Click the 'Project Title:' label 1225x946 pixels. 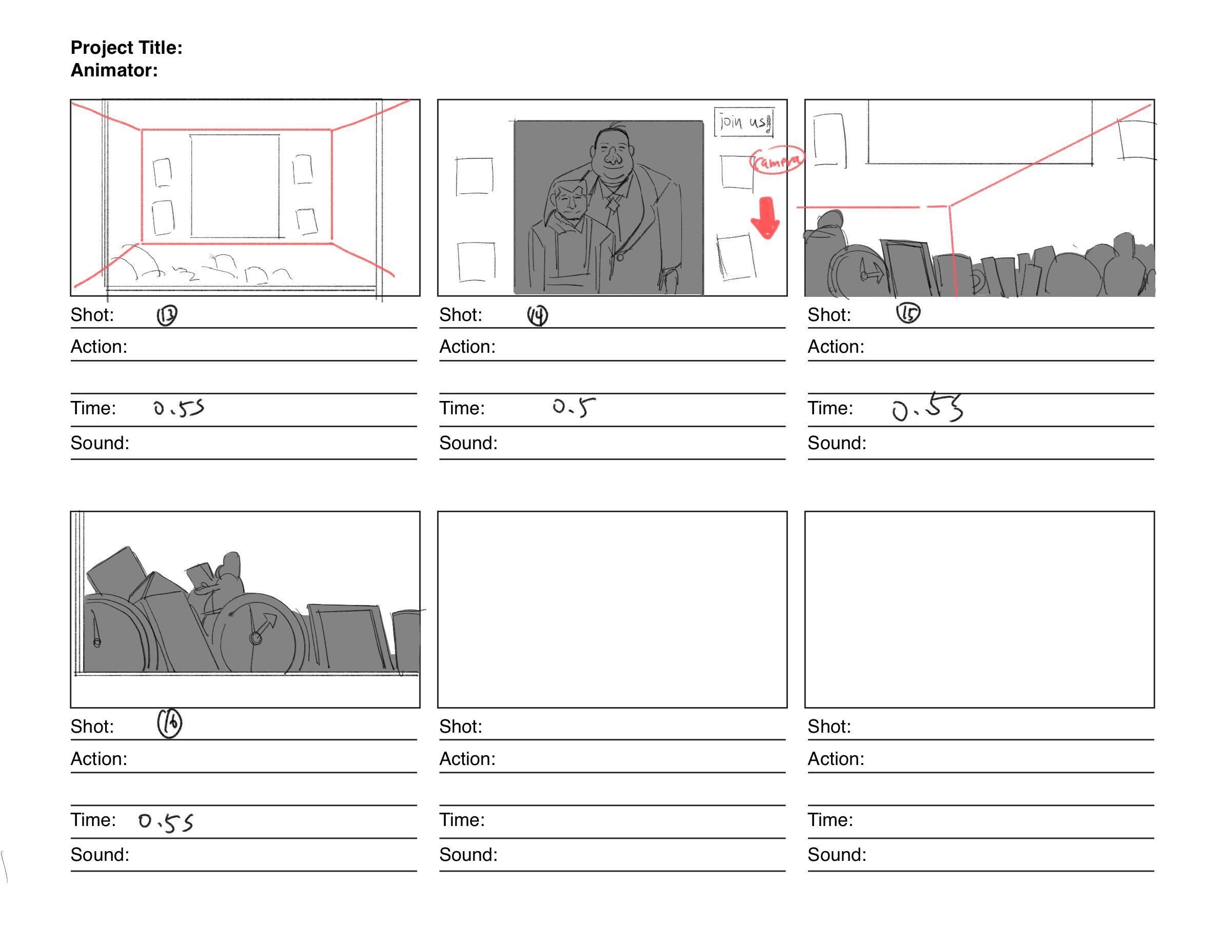point(126,48)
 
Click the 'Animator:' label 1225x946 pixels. point(114,70)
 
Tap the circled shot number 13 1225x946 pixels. point(167,315)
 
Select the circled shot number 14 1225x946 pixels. point(537,315)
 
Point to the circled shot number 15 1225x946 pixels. point(908,313)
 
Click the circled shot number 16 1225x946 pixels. point(169,723)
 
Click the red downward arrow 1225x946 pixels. point(765,217)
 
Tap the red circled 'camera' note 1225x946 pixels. point(777,162)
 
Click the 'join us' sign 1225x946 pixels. point(744,122)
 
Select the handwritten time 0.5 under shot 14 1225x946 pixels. point(573,408)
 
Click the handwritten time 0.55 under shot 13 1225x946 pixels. point(179,408)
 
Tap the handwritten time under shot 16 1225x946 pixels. point(166,822)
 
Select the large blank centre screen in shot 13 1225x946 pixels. point(235,186)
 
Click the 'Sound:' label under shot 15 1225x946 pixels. point(837,443)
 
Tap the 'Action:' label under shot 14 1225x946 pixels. point(467,347)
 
